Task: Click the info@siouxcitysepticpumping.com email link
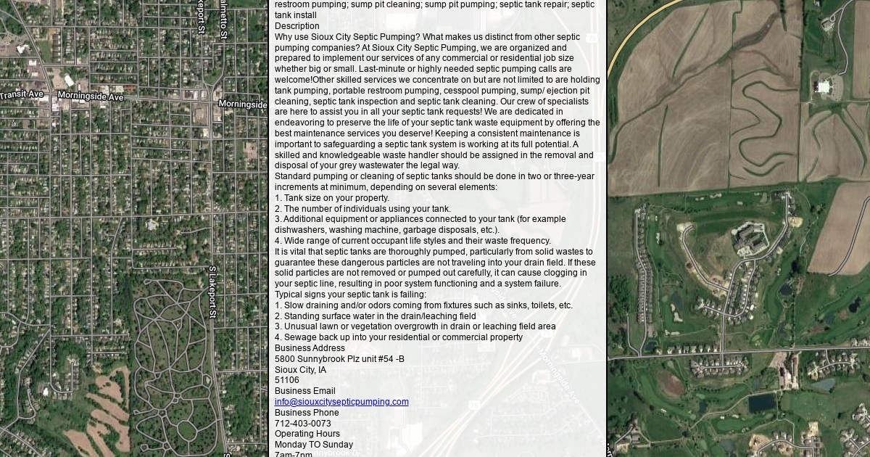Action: (341, 402)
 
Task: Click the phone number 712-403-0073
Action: (302, 424)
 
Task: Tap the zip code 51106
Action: (286, 380)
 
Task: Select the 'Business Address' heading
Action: (310, 348)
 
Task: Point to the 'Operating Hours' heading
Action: (307, 434)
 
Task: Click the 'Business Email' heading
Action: (304, 391)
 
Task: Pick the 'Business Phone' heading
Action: (307, 413)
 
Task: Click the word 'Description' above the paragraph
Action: (297, 26)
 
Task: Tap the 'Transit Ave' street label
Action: (22, 95)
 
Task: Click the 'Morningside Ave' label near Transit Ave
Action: (91, 96)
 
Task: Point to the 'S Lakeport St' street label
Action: (212, 292)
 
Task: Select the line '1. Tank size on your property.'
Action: (332, 198)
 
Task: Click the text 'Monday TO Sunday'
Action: (314, 445)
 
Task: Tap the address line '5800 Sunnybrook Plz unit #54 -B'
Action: (339, 359)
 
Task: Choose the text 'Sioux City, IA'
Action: (300, 370)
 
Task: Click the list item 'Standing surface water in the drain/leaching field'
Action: (376, 316)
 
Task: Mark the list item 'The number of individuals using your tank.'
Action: (362, 209)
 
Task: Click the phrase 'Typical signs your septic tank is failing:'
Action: (350, 295)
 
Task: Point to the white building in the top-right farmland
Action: (823, 87)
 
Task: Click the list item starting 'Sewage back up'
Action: (399, 337)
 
